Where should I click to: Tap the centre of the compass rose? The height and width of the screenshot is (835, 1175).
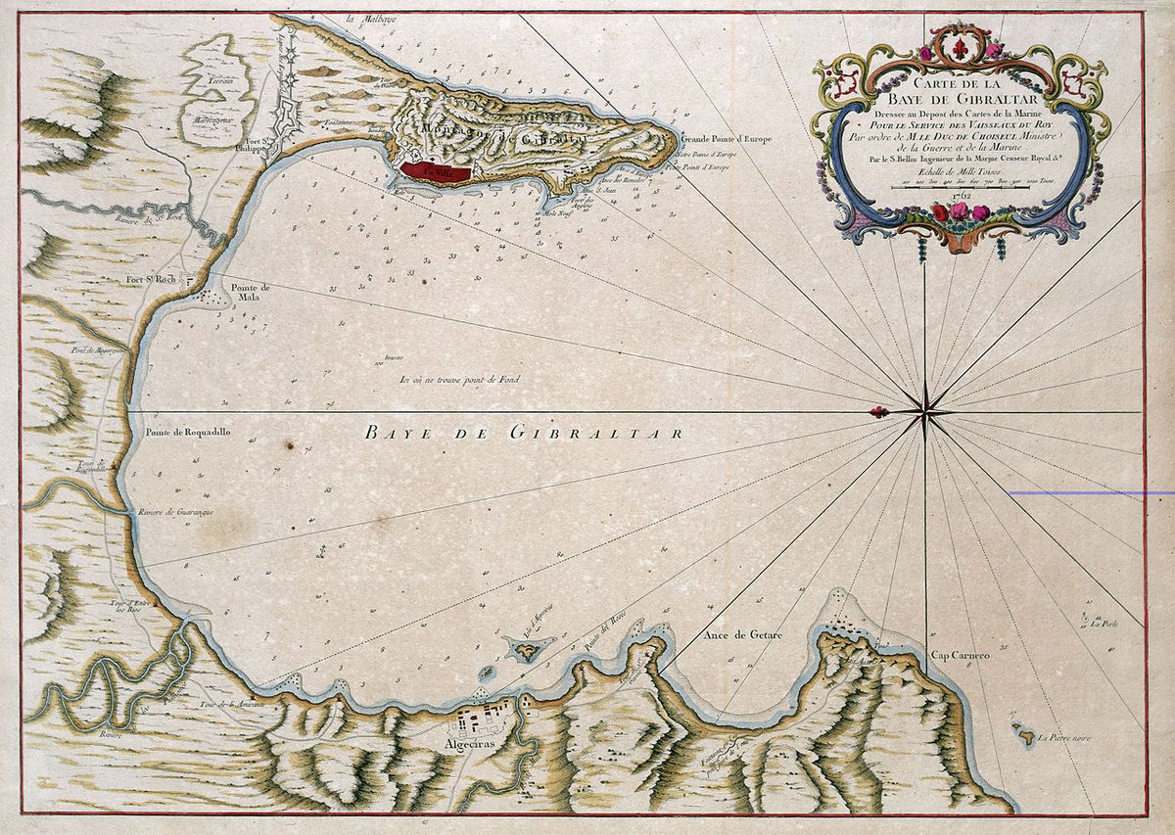click(x=925, y=412)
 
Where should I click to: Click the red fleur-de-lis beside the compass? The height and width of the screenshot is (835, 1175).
click(x=879, y=412)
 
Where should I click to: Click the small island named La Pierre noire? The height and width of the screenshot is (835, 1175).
click(x=1024, y=732)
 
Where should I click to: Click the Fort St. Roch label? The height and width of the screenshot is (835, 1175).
click(x=149, y=279)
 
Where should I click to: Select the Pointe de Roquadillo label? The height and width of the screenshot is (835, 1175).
click(x=188, y=432)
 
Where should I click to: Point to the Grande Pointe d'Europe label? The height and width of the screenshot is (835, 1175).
click(x=721, y=140)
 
